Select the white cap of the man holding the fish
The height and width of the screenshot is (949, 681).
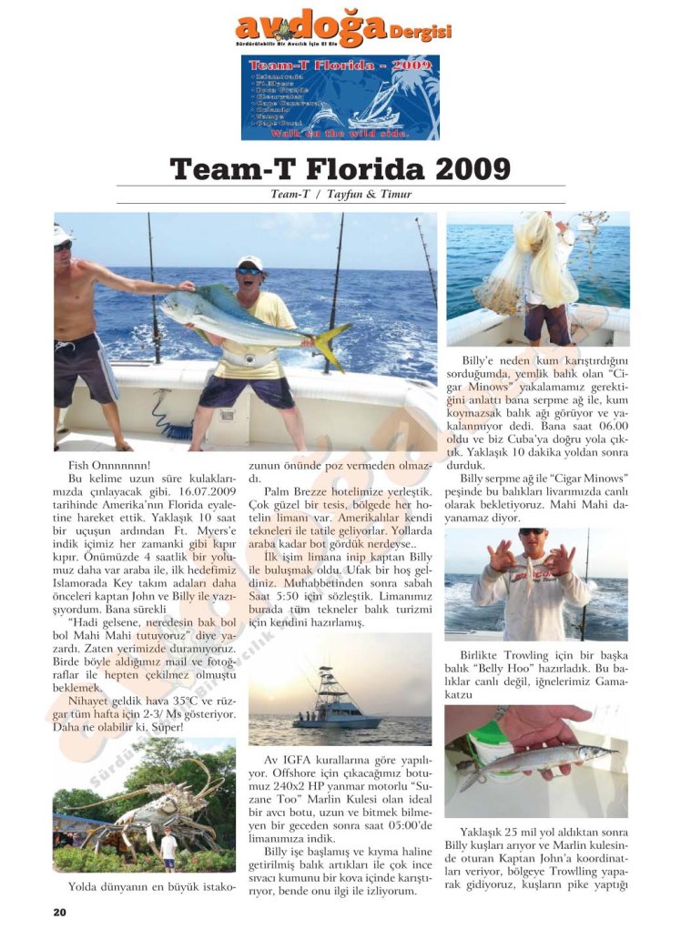[249, 262]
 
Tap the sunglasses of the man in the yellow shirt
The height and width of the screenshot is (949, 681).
[248, 270]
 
